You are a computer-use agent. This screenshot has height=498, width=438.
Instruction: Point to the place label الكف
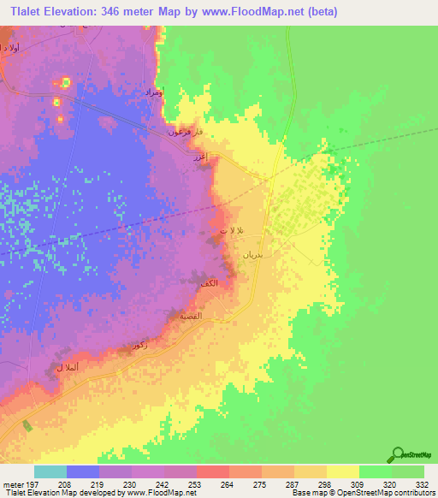pyautogui.click(x=221, y=283)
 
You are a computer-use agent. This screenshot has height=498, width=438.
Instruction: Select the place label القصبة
pyautogui.click(x=190, y=315)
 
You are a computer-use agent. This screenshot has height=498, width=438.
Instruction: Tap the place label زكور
pyautogui.click(x=133, y=345)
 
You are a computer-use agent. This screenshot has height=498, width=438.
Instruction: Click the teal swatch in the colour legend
pyautogui.click(x=50, y=471)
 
